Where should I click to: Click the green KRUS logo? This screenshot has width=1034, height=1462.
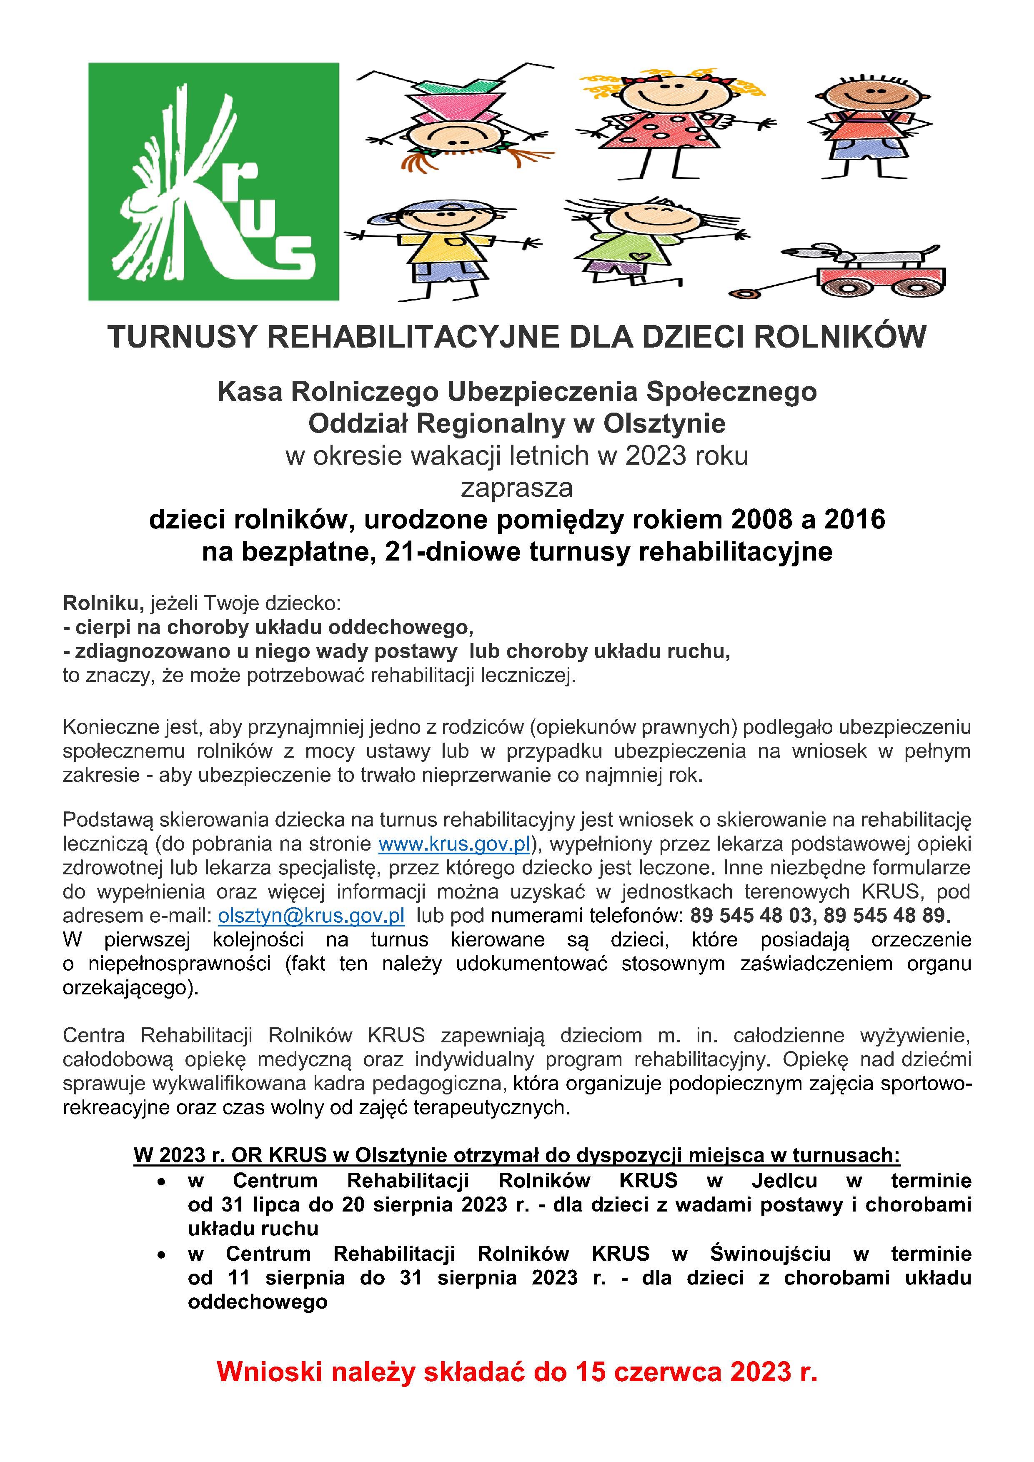click(x=213, y=181)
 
